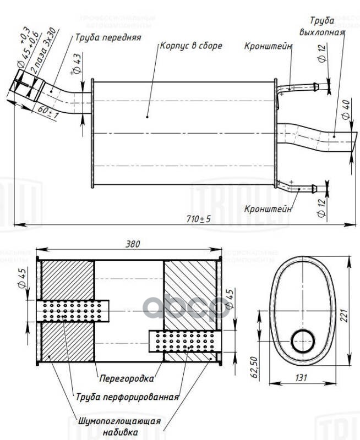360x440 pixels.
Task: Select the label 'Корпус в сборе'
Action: click(191, 46)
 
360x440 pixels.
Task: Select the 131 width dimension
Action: click(301, 378)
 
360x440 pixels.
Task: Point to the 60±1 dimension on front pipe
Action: click(48, 112)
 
